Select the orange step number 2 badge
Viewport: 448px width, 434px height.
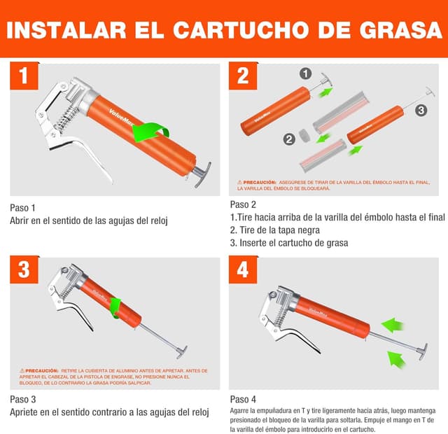(x=242, y=76)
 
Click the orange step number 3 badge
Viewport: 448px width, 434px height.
(x=24, y=270)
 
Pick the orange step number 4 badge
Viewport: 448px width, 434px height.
(x=242, y=270)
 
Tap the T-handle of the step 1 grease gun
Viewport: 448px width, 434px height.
(x=202, y=172)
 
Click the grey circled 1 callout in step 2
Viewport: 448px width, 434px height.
(x=304, y=73)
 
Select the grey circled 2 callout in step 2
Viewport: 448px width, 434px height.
(x=288, y=139)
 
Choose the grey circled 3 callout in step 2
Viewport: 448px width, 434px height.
(x=421, y=110)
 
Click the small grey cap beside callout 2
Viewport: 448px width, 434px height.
(x=304, y=134)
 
